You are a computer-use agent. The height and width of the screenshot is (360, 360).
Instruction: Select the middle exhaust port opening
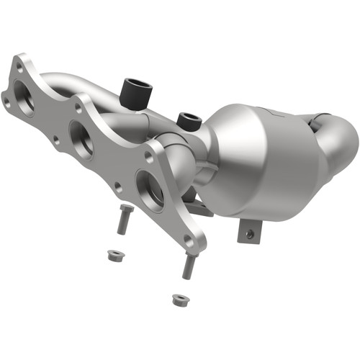(x=81, y=138)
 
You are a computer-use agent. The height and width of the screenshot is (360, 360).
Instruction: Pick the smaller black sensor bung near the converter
(x=189, y=119)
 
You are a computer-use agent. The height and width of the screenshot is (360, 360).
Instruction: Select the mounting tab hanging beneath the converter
(x=249, y=230)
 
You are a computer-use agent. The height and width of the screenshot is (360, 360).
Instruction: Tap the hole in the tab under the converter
(x=250, y=233)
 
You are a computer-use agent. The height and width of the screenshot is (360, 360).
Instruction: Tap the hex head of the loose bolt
(x=125, y=210)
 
